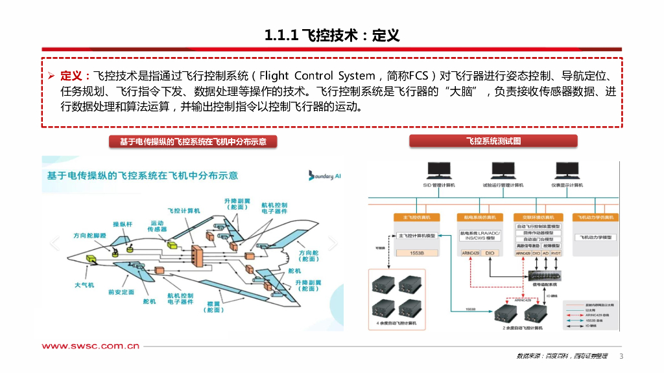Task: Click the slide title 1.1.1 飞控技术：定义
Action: point(331,35)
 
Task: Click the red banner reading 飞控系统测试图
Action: point(493,141)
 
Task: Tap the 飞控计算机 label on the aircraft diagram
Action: point(184,210)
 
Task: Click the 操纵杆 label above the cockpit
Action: point(123,224)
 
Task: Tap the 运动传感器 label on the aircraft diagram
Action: point(157,226)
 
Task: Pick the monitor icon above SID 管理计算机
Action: point(439,170)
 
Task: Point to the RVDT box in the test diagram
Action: point(557,253)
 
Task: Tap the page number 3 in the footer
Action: point(621,357)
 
